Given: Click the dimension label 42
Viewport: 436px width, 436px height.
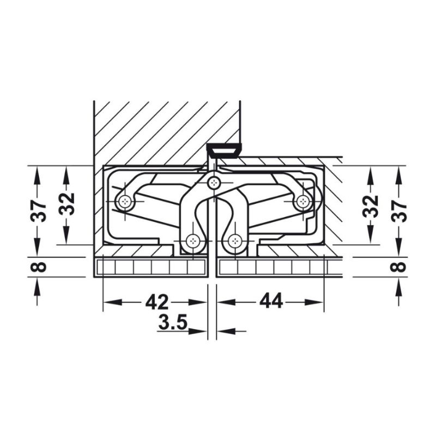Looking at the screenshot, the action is pos(156,302).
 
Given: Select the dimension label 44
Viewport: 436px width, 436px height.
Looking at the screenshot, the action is pos(271,300).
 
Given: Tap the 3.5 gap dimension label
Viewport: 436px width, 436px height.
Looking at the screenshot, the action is pos(173,322).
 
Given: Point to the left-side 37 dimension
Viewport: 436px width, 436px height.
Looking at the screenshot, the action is pos(38,210).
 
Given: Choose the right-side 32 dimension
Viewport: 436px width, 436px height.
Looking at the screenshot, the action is pos(371,206).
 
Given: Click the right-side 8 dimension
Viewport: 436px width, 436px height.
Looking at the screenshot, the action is pos(400,267).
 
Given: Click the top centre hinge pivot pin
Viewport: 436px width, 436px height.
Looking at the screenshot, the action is pos(214,183).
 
